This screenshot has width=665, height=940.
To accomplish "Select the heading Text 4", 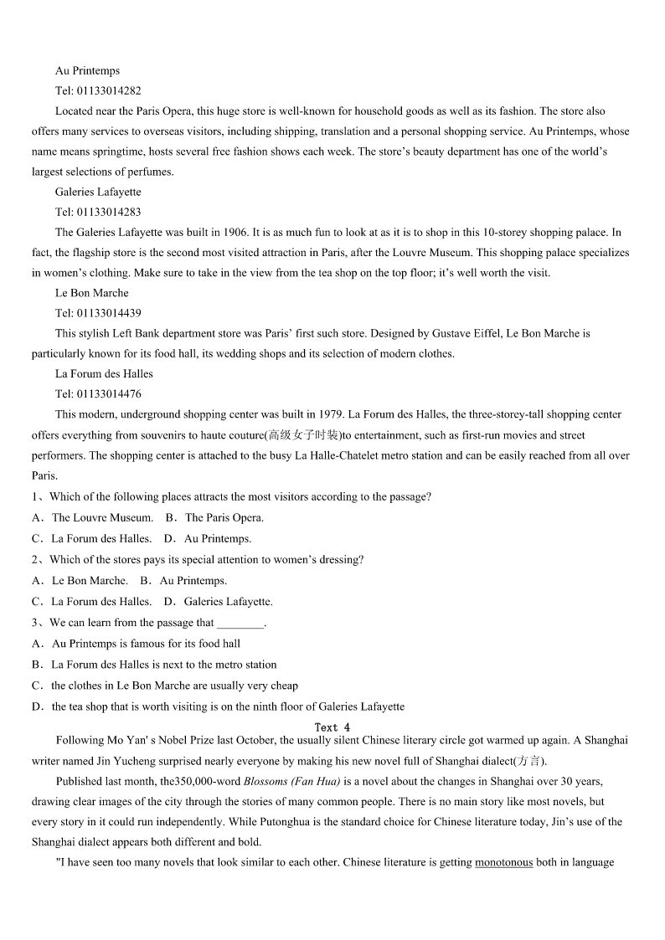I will point(332,727).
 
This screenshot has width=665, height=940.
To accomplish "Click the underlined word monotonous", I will point(503,862).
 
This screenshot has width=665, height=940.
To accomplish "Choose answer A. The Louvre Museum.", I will point(93,518).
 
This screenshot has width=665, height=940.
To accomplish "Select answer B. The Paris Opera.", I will point(215,518).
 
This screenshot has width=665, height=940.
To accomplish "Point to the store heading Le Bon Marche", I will point(92,293).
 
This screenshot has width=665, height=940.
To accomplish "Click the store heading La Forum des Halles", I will point(104,374).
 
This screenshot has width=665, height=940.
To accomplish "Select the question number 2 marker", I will point(36,560).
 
